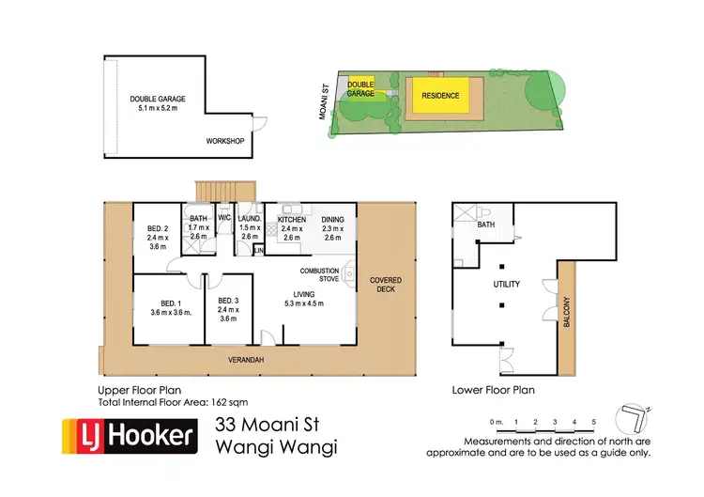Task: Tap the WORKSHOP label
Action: (x=225, y=141)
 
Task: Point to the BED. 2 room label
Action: (x=157, y=238)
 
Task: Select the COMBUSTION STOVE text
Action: (x=318, y=274)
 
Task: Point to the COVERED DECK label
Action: (x=385, y=285)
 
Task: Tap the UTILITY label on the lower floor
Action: (x=507, y=283)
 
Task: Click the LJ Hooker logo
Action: (x=129, y=435)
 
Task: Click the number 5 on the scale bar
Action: (x=592, y=422)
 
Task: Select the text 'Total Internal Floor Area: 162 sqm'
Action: (x=173, y=402)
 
